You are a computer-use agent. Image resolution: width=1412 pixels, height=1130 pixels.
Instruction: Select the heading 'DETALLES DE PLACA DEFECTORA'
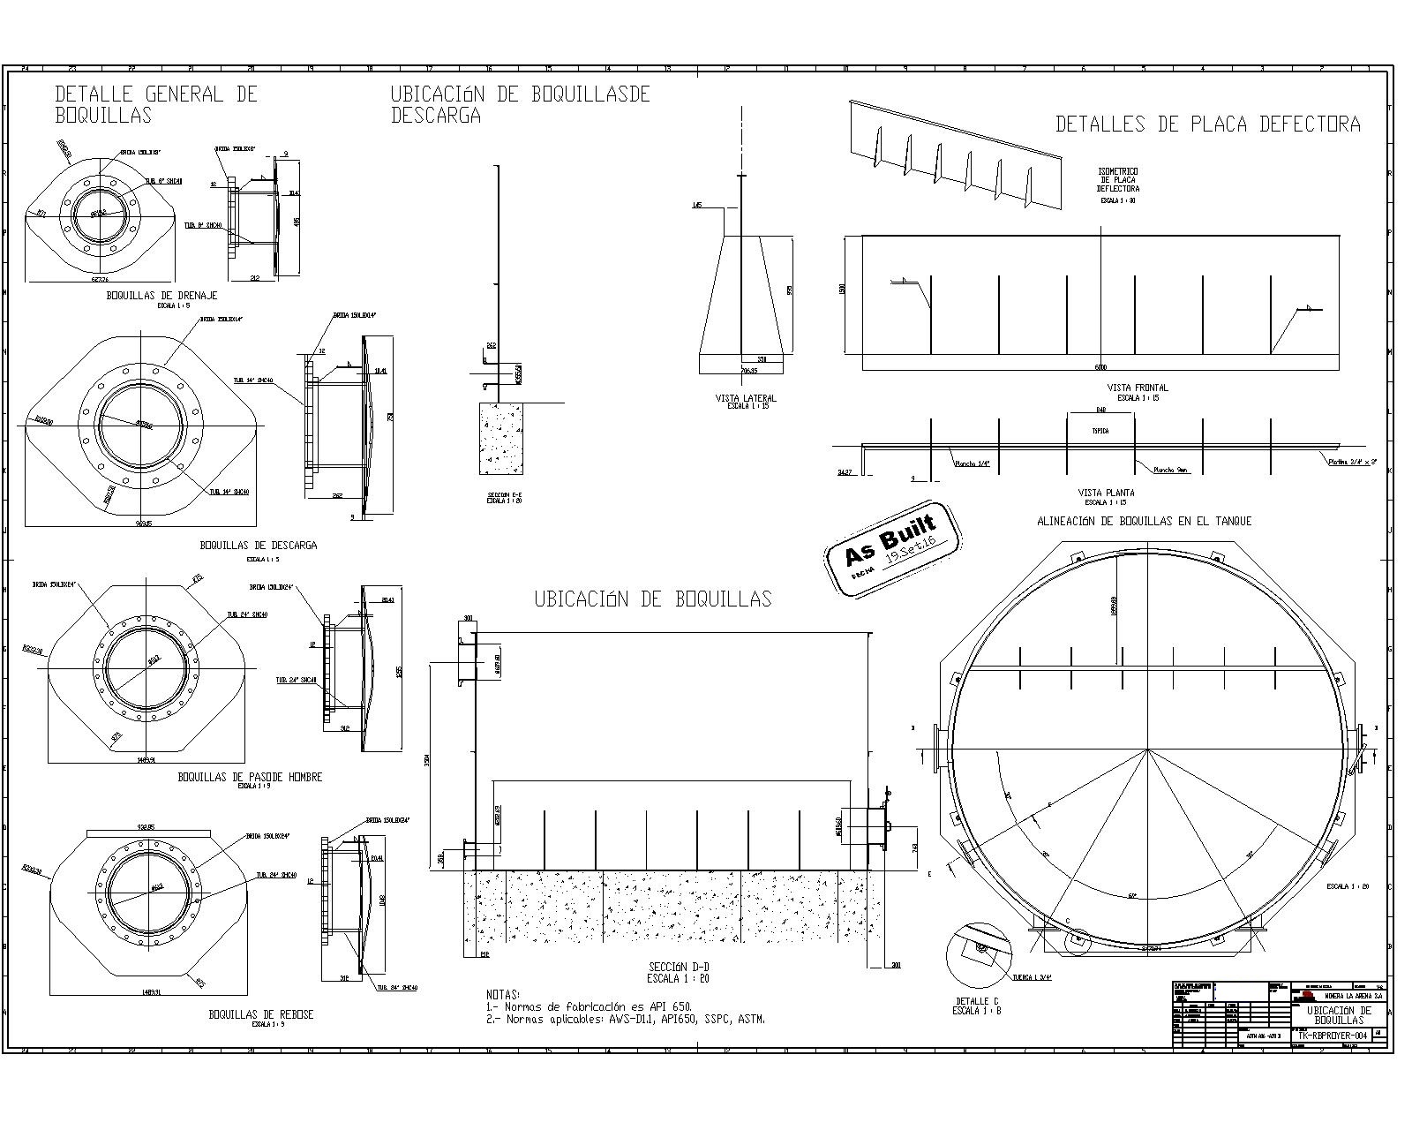(1207, 124)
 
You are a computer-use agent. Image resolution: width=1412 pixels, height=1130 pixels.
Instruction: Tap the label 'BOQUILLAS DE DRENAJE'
(161, 296)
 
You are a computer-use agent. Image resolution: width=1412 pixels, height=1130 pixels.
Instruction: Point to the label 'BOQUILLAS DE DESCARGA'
(258, 546)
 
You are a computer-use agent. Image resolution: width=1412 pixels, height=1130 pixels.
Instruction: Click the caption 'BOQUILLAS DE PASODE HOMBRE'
(250, 777)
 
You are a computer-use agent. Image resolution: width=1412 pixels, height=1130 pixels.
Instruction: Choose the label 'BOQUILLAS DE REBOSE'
(260, 1014)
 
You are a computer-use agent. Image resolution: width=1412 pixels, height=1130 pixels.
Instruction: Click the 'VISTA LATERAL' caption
(746, 398)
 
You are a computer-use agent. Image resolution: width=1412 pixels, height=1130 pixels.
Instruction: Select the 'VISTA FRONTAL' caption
(1138, 388)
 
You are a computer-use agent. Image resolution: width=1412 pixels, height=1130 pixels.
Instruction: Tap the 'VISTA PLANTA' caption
(1106, 493)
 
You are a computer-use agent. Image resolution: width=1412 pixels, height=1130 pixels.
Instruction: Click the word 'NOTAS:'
(503, 994)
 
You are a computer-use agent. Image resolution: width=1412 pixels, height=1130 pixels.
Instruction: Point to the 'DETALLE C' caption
(977, 1001)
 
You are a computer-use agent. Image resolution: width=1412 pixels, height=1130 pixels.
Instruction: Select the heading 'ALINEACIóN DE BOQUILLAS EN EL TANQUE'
(1144, 521)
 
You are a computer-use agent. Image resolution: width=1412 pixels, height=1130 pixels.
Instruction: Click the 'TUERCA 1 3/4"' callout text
(1035, 977)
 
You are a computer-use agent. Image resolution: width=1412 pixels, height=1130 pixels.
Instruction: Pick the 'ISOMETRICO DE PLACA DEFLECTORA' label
(1118, 180)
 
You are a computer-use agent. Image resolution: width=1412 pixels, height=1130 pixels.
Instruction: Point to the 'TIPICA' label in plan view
(1100, 431)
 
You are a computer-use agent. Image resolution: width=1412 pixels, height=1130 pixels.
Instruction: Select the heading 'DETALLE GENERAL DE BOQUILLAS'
(156, 104)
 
